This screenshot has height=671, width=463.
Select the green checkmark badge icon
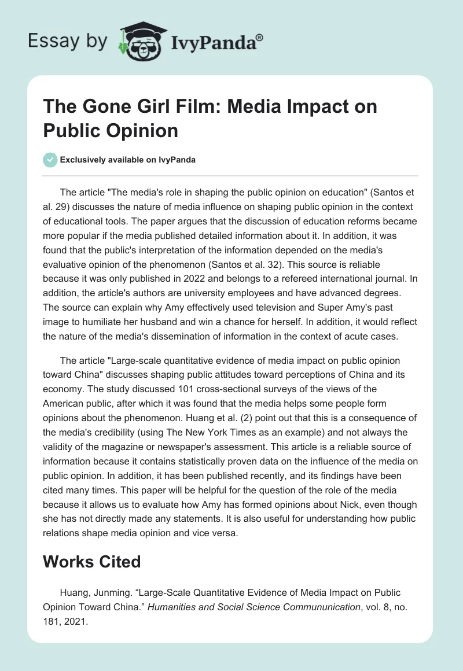click(x=50, y=159)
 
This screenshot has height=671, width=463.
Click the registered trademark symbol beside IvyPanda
click(x=259, y=38)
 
